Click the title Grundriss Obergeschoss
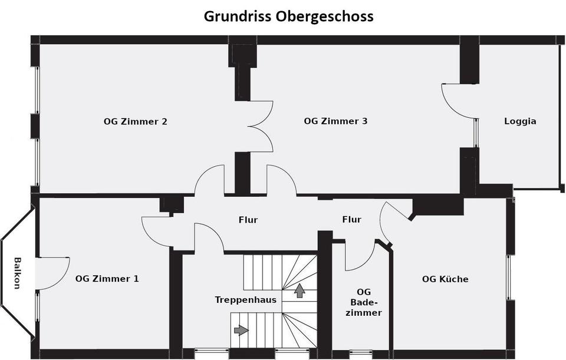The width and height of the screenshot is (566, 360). tap(288, 16)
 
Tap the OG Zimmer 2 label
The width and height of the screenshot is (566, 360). tap(136, 121)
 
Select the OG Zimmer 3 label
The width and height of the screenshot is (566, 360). tap(335, 121)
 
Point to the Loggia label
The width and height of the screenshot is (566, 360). tap(520, 121)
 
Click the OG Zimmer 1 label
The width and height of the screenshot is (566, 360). tap(107, 279)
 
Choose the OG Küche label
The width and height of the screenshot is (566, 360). tap(445, 279)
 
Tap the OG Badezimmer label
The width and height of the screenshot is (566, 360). tap(364, 302)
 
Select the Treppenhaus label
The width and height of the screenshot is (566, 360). tap(245, 300)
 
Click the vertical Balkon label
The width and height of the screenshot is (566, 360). tap(17, 273)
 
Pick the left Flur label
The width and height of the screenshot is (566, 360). tap(248, 220)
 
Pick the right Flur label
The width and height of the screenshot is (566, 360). tap(351, 219)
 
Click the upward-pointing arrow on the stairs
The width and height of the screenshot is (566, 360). tap(300, 290)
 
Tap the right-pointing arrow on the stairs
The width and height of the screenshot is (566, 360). tap(241, 330)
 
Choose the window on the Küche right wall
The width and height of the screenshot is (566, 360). tap(509, 278)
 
